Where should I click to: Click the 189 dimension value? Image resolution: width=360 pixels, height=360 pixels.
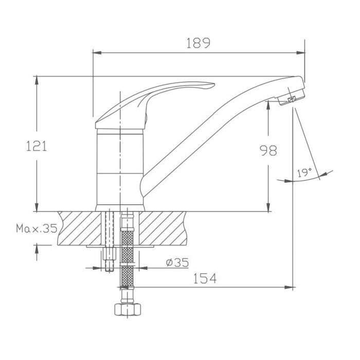198,43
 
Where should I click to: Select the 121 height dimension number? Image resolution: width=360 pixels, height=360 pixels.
37,146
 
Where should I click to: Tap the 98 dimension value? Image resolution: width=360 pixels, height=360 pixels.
268,151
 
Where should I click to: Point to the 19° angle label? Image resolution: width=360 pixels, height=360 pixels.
304,173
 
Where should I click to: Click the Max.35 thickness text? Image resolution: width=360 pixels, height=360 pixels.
37,228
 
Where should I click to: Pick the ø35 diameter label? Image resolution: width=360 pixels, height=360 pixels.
177,262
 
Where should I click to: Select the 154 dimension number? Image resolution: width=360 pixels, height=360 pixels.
205,278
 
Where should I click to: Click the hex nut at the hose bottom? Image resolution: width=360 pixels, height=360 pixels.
128,310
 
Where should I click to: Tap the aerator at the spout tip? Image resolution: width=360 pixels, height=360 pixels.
291,98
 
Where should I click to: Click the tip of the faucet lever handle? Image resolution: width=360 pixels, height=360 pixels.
214,84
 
